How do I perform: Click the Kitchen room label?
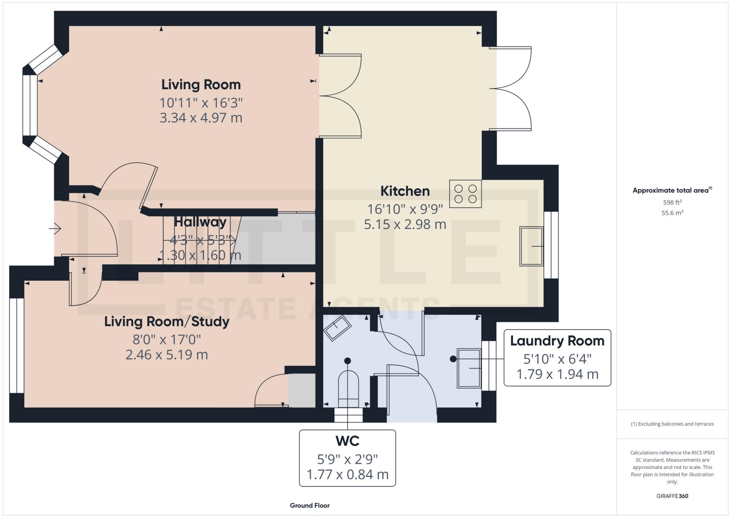tap(405, 191)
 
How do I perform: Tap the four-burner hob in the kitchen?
tap(465, 194)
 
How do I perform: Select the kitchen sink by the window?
tap(532, 246)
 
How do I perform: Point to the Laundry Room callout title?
tap(557, 341)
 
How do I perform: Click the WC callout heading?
tap(347, 441)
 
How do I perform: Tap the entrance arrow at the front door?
tap(55, 229)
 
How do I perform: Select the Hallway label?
tap(200, 222)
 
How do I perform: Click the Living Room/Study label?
tap(167, 322)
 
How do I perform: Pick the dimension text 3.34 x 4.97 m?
tap(201, 118)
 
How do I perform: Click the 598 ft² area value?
tap(672, 202)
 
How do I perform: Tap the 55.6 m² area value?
tap(672, 213)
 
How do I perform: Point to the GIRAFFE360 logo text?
tap(672, 496)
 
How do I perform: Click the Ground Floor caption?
tap(310, 506)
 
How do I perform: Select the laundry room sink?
tap(469, 368)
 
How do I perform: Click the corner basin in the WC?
tap(337, 328)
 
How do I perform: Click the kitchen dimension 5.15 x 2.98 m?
tap(405, 224)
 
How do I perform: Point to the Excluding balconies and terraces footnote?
tap(672, 424)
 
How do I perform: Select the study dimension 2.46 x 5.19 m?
tap(167, 355)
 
